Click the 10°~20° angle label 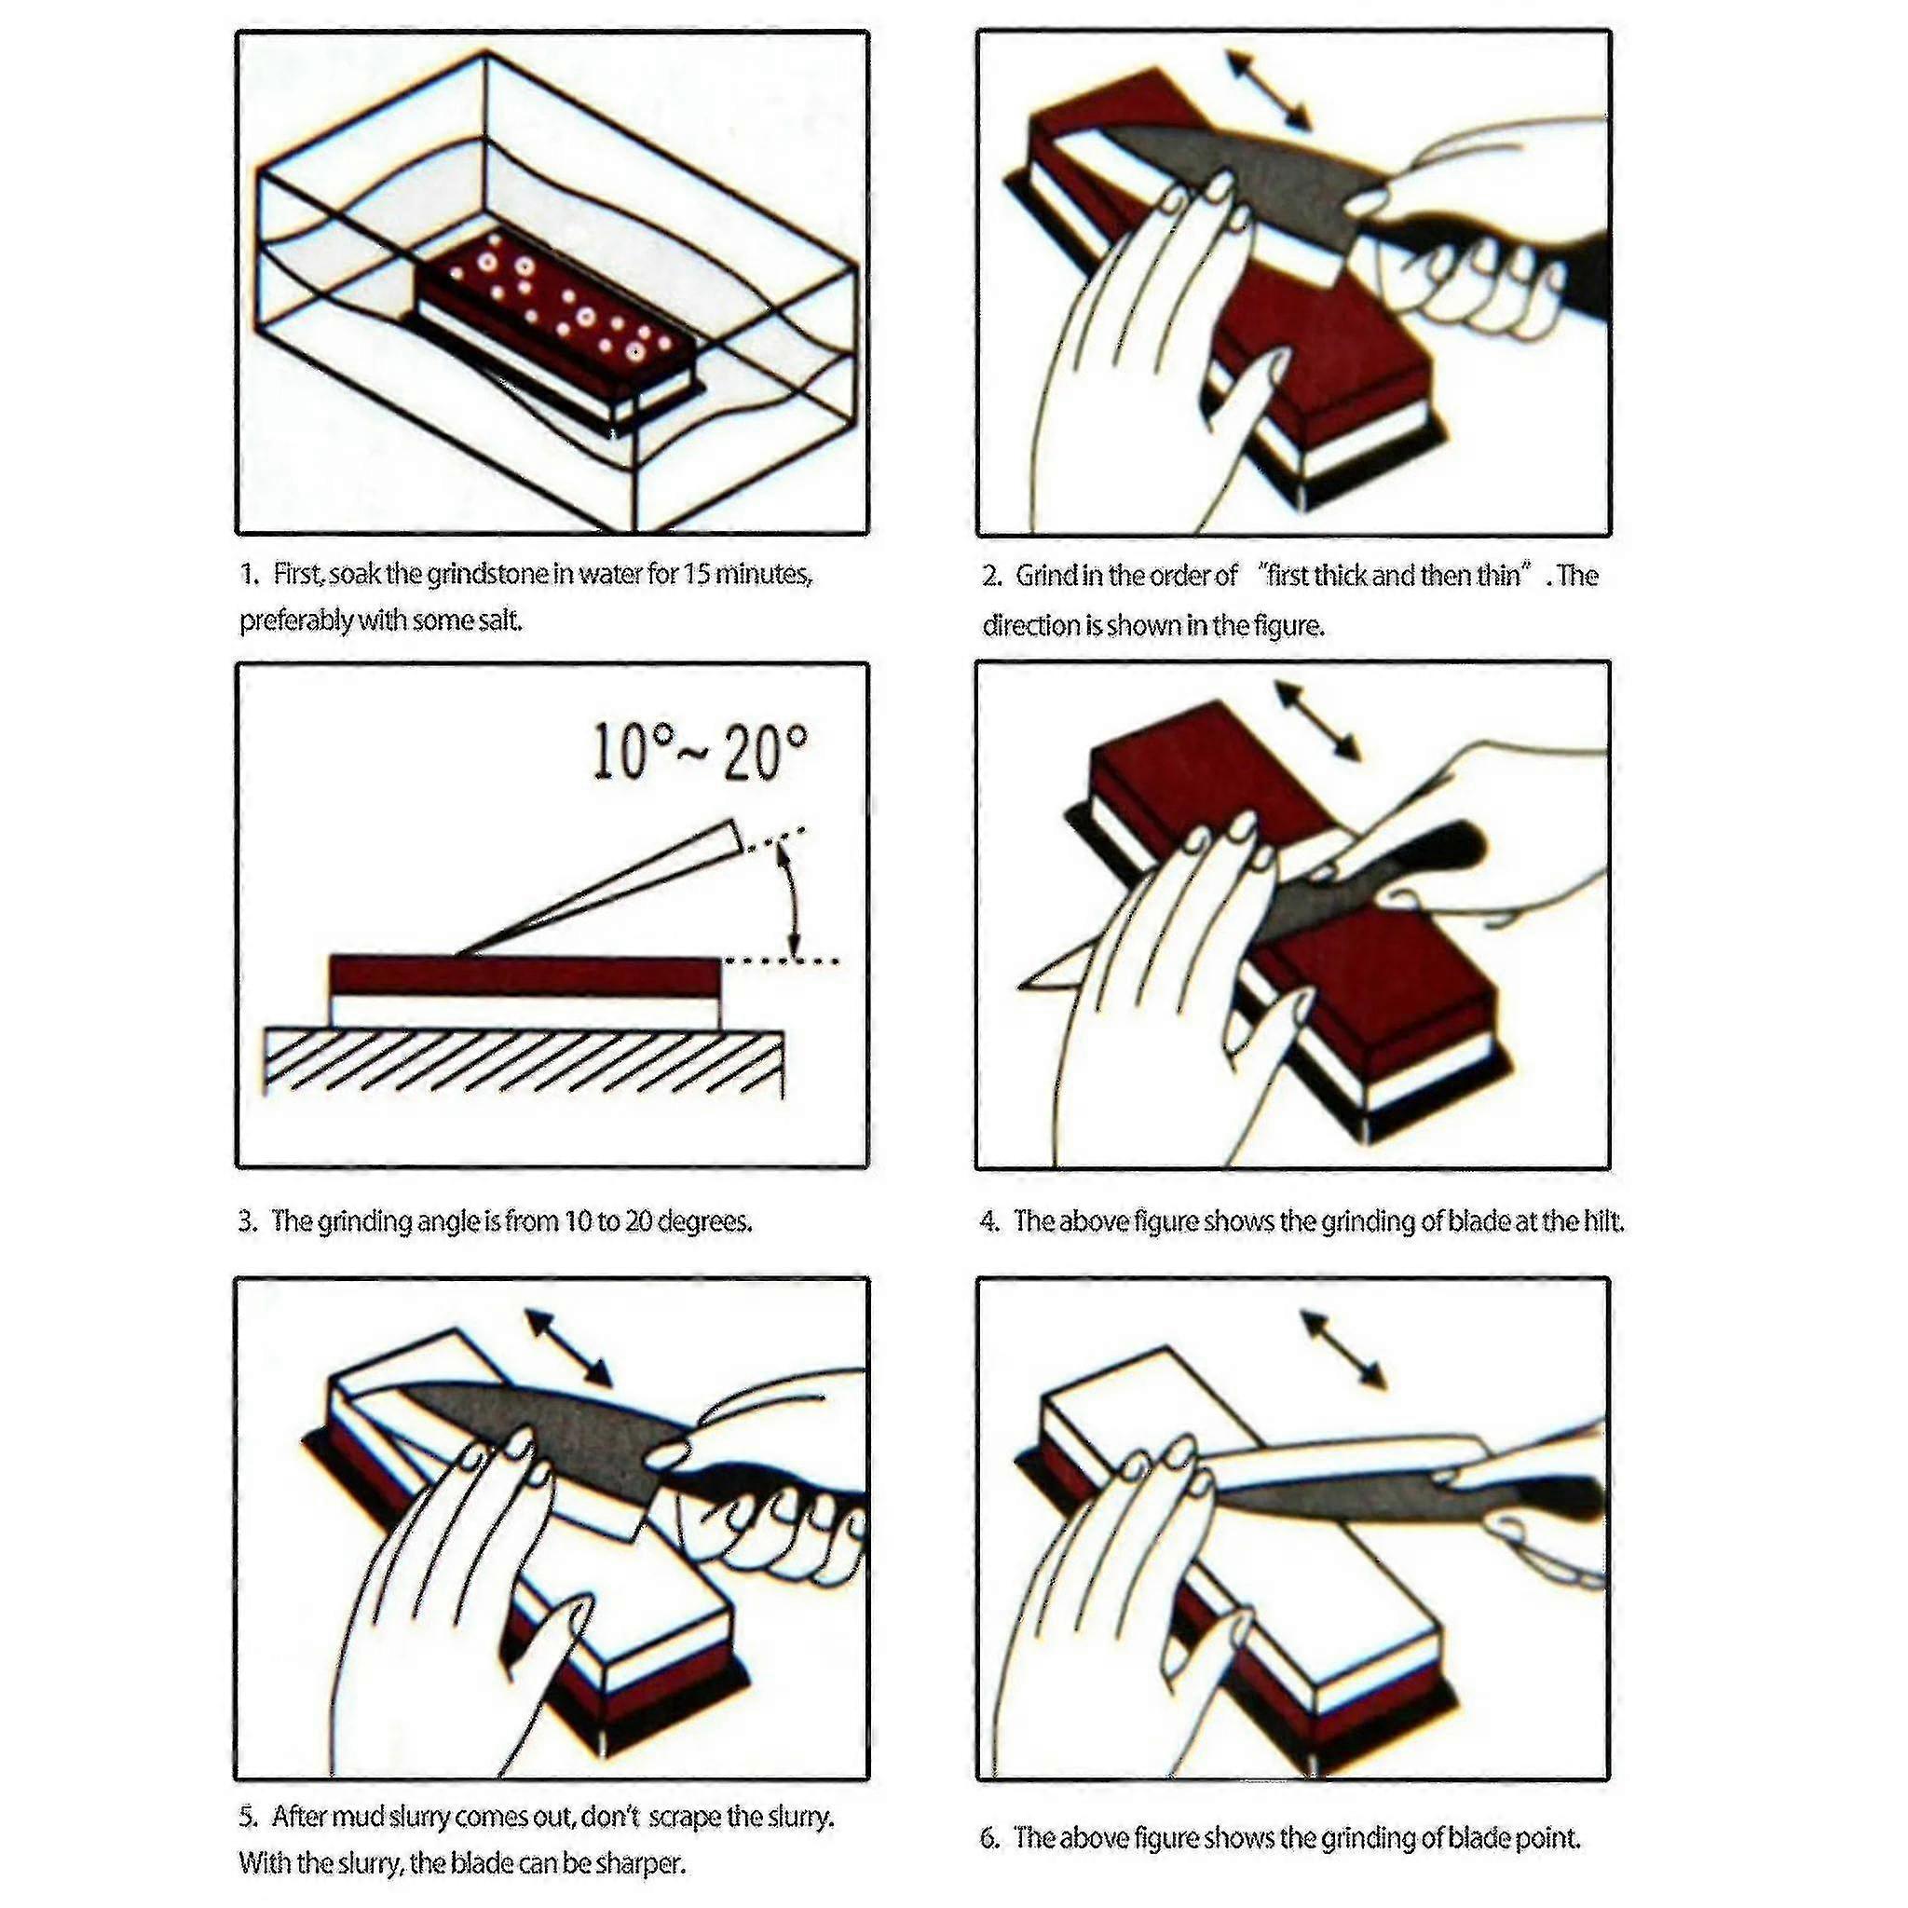point(701,754)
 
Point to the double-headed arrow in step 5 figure point(566,1348)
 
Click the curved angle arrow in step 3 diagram point(791,899)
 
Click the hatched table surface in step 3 point(524,1062)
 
